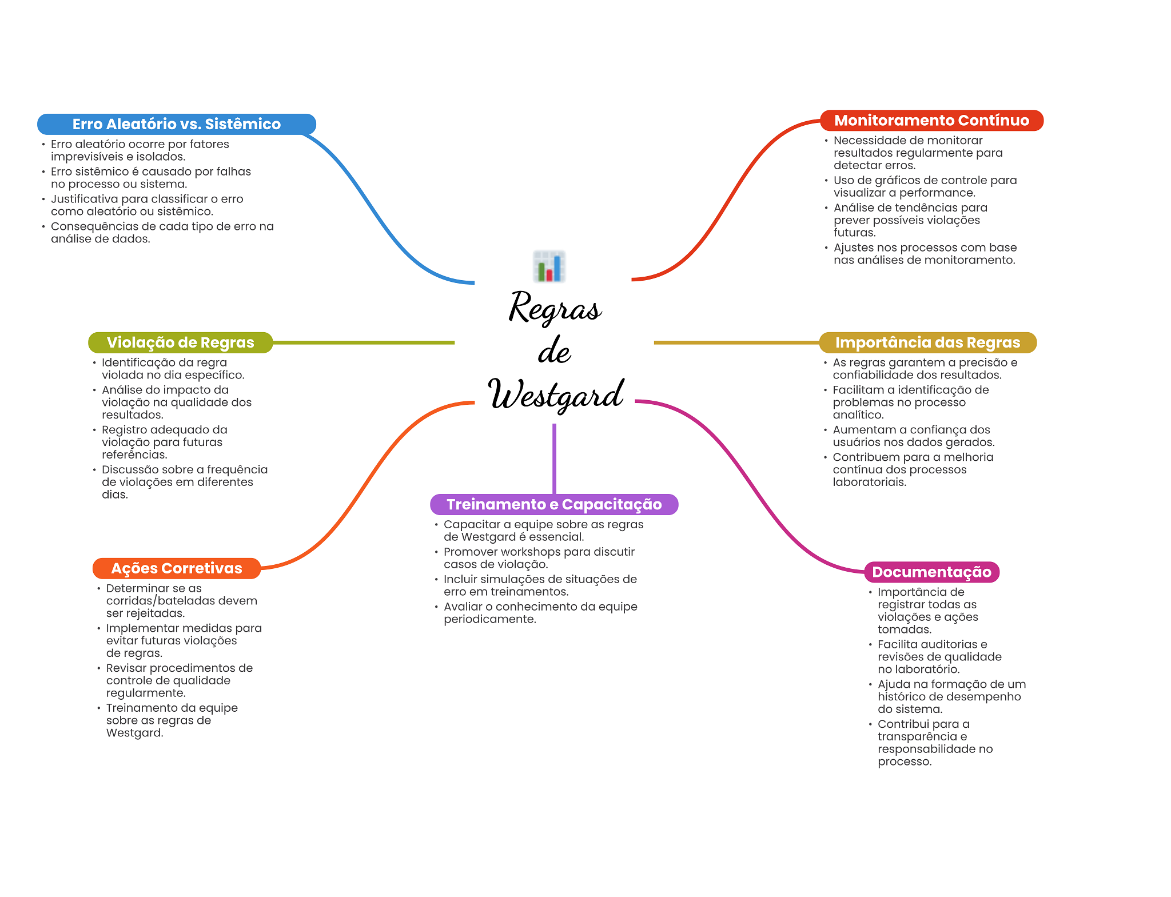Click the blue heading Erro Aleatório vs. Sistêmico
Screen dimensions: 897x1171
tap(176, 124)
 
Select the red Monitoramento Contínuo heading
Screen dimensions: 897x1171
tap(931, 121)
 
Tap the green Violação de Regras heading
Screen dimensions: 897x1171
tap(180, 342)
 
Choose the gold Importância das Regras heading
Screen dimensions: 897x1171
tap(927, 342)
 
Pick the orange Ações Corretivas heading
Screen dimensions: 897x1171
tap(176, 568)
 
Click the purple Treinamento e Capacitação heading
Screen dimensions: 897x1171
tap(554, 504)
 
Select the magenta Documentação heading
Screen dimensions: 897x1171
tap(931, 572)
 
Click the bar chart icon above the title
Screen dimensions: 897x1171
tap(549, 266)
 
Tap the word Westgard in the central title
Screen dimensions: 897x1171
tap(556, 394)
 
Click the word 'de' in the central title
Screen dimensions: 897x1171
tap(554, 351)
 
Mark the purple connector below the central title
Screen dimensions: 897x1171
tap(554, 457)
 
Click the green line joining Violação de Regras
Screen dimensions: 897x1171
tap(363, 342)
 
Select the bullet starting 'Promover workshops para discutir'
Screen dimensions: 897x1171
tap(539, 558)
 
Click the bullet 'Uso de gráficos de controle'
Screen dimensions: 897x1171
tap(925, 186)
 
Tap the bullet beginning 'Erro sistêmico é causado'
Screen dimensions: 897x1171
tap(150, 178)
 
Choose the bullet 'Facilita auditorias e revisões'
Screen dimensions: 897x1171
tap(939, 656)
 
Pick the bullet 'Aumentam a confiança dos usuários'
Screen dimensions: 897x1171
tap(913, 436)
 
